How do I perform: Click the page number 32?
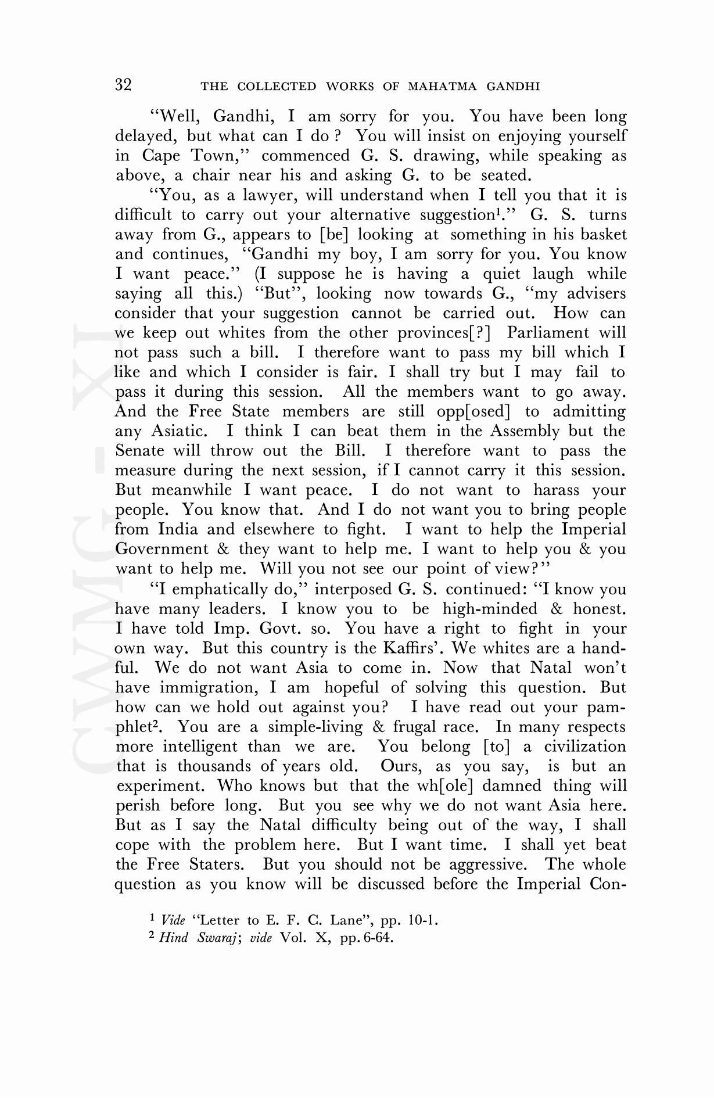pos(123,85)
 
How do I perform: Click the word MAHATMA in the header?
pos(442,87)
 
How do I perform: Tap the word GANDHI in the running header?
pos(513,87)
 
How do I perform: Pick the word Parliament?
pos(549,333)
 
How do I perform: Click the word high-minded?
pos(490,609)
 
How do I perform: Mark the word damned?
pos(512,786)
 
